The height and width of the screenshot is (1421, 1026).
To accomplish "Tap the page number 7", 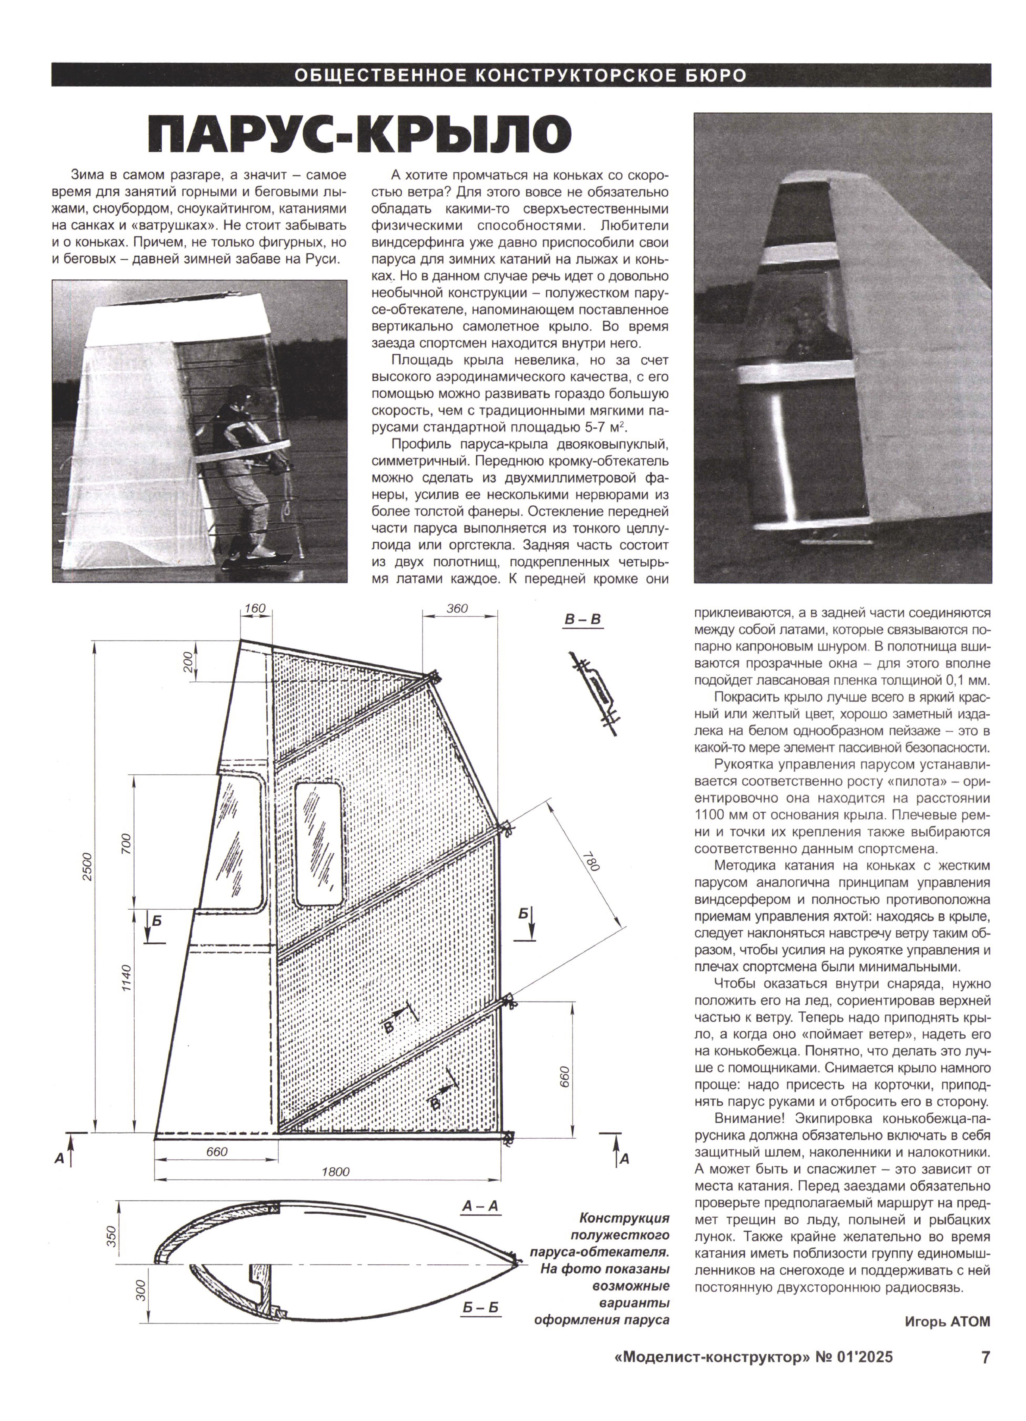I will [x=985, y=1375].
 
